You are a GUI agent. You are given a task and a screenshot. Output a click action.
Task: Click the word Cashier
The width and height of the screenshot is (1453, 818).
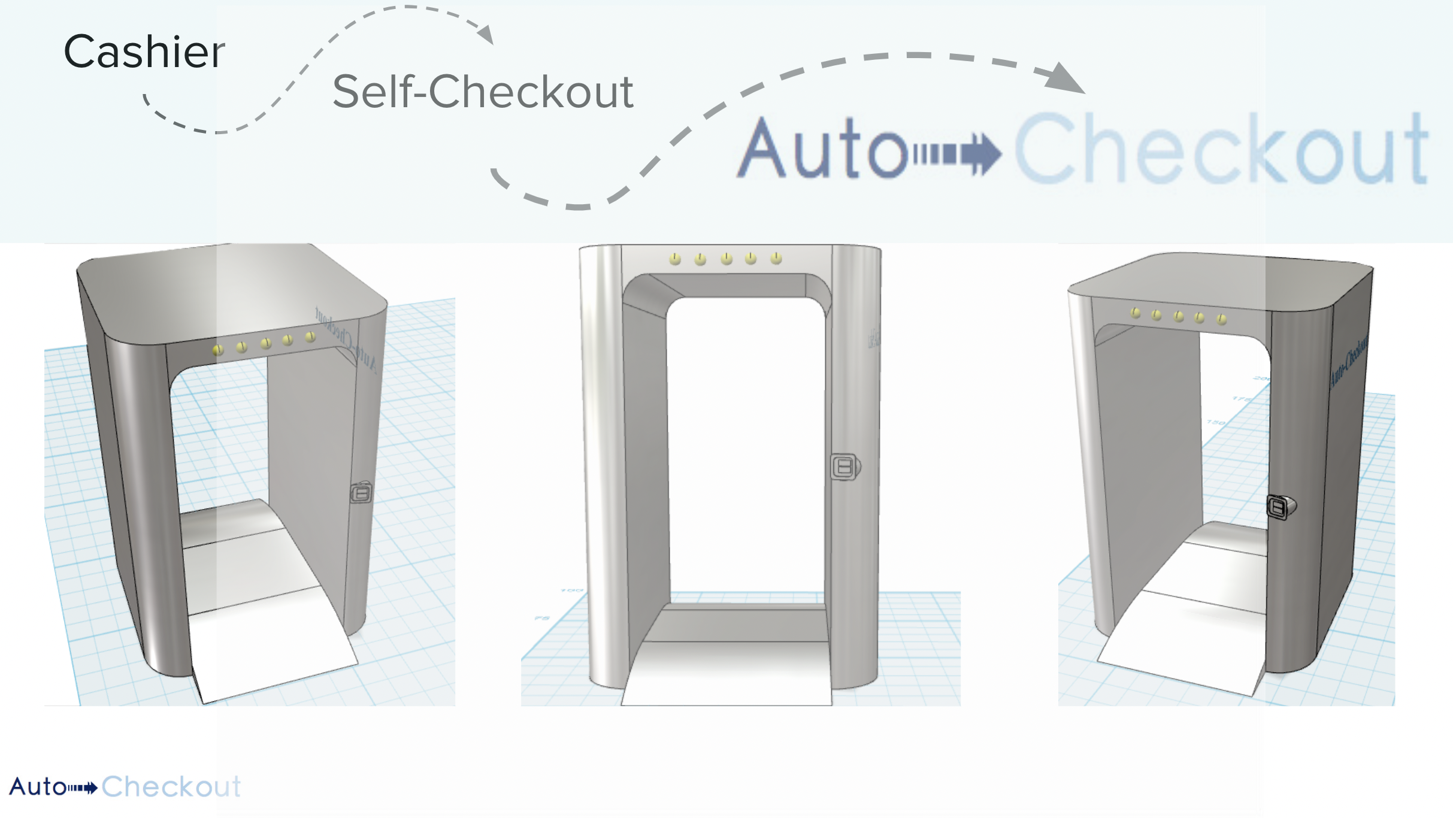(144, 52)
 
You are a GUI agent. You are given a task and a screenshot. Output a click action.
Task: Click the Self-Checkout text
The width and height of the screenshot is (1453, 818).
(483, 92)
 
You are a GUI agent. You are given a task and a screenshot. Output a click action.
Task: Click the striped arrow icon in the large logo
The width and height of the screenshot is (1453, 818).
(957, 153)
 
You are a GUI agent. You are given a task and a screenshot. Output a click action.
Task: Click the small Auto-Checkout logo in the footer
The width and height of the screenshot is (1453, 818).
(125, 786)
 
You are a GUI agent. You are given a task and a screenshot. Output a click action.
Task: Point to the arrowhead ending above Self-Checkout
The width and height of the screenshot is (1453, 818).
(486, 35)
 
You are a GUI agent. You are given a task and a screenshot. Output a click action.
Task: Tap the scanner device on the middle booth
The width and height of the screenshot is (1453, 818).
(844, 466)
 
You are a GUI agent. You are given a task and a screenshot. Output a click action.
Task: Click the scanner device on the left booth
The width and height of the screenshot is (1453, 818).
(361, 493)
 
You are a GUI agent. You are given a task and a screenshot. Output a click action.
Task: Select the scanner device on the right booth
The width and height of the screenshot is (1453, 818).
(1279, 508)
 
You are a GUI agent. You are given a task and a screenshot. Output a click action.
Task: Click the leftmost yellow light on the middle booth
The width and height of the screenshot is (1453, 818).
(675, 259)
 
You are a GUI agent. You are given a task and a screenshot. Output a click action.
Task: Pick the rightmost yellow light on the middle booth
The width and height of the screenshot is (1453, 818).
(776, 258)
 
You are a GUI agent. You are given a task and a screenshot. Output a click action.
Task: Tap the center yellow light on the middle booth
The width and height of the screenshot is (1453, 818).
(726, 258)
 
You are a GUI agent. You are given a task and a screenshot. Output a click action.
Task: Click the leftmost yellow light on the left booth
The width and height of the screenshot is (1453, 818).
(218, 349)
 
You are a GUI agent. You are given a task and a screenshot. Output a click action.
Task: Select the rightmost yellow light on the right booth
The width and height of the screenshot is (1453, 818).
(1222, 319)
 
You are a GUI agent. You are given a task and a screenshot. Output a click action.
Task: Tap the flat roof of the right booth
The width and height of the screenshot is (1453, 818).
(1216, 281)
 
